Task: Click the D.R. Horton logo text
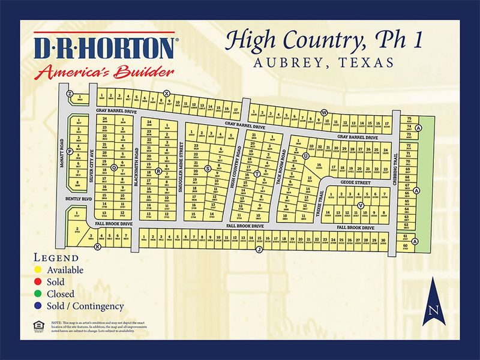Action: pos(106,49)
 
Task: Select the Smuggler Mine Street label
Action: pos(179,174)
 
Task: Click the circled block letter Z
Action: pos(70,94)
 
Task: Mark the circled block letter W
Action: pos(323,112)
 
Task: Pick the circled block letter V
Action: pos(361,206)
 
